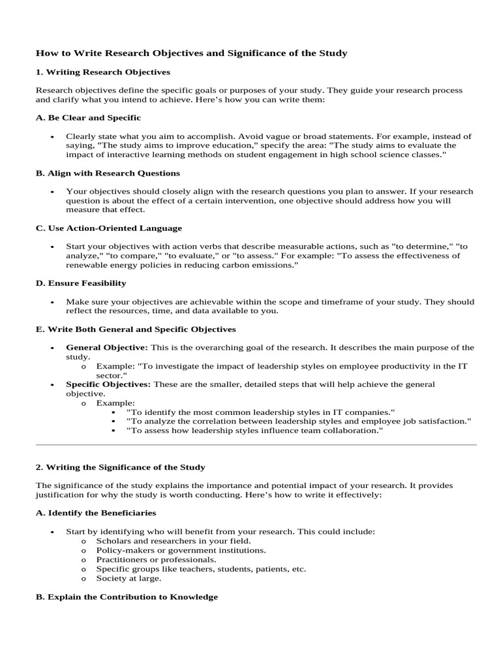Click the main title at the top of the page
[x=191, y=53]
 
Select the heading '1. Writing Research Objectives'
[x=102, y=72]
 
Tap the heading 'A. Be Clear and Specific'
[x=88, y=118]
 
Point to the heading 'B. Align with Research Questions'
[x=108, y=174]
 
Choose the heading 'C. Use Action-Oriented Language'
[x=109, y=228]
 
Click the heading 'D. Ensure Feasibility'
[x=81, y=283]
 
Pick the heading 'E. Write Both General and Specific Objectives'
[x=136, y=329]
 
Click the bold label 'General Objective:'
[x=107, y=348]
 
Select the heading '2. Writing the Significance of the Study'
[x=120, y=467]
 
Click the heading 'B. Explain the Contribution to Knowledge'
[x=127, y=597]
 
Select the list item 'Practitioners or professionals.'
[x=156, y=560]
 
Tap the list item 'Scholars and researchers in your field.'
[x=173, y=541]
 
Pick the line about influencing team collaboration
[x=254, y=431]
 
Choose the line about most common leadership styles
[x=261, y=412]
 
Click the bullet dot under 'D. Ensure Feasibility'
[x=52, y=303]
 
